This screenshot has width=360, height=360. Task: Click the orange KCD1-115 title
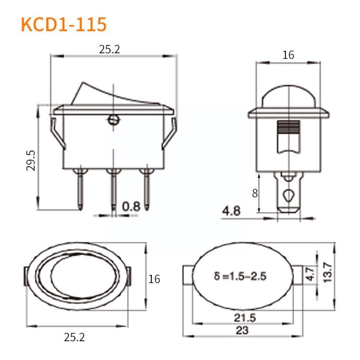coord(64,24)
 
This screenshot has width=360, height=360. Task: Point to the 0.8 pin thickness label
coord(131,206)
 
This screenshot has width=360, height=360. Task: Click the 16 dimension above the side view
coord(288,55)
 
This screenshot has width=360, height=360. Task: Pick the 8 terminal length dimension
coord(255,193)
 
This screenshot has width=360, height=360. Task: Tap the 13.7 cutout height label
coord(328,272)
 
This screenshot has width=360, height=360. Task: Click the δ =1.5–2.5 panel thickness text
coord(240,277)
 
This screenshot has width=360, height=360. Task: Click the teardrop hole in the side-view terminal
coord(288,196)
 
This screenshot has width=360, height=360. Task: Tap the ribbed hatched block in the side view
coord(289,126)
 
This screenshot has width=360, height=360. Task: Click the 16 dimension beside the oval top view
coord(154,279)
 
